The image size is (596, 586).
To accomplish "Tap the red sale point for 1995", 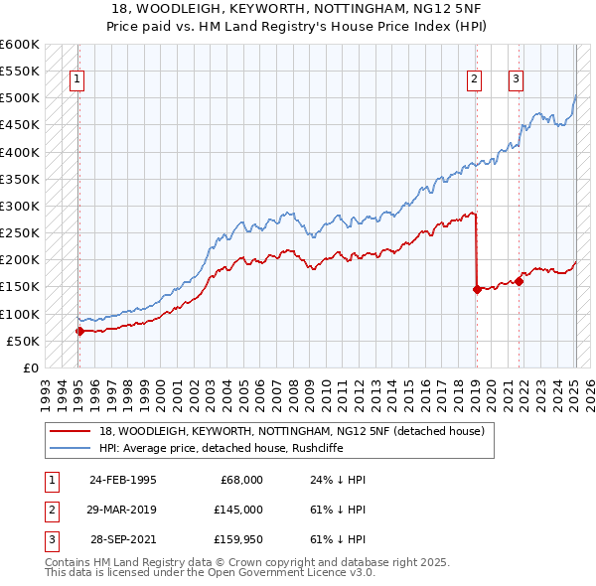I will (x=79, y=331).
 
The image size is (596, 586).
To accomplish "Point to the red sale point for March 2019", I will (x=477, y=289).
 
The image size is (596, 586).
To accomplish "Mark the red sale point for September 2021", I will (x=519, y=281).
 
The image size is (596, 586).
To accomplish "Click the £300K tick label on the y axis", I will (x=20, y=206).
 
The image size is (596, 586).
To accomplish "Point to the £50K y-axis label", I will (x=24, y=341).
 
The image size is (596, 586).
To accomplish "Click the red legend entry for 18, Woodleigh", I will (x=291, y=431).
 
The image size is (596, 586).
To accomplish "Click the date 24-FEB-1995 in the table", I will (x=123, y=480).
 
